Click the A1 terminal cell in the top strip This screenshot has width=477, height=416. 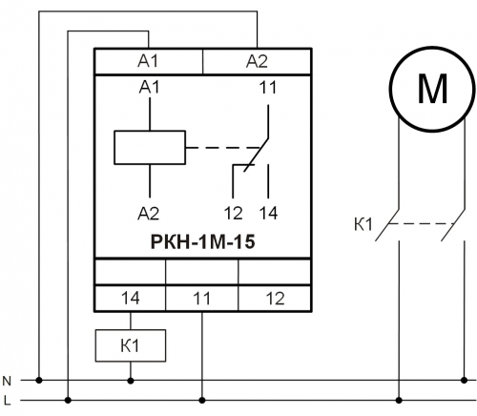pyautogui.click(x=149, y=61)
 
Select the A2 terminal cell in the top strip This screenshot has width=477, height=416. pyautogui.click(x=257, y=61)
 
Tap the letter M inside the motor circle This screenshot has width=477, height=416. pyautogui.click(x=432, y=89)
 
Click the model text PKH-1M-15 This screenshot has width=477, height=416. pyautogui.click(x=202, y=241)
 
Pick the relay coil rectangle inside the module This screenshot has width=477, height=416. pyautogui.click(x=150, y=148)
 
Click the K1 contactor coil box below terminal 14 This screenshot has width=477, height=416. pyautogui.click(x=131, y=345)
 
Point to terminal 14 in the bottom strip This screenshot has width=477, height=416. pyautogui.click(x=131, y=299)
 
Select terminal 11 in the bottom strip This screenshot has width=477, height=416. pyautogui.click(x=202, y=299)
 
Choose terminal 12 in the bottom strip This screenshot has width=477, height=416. pyautogui.click(x=275, y=299)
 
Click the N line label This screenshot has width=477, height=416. pyautogui.click(x=7, y=381)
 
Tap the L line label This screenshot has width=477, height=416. pyautogui.click(x=7, y=400)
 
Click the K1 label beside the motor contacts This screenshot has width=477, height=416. pyautogui.click(x=363, y=224)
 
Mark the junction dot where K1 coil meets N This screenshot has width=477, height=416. pyautogui.click(x=131, y=380)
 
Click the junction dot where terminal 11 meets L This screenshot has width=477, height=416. pyautogui.click(x=202, y=400)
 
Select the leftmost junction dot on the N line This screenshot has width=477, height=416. pyautogui.click(x=39, y=380)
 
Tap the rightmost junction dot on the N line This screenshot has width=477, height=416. pyautogui.click(x=464, y=380)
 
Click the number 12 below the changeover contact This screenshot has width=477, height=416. pyautogui.click(x=234, y=213)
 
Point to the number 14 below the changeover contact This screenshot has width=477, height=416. pyautogui.click(x=269, y=213)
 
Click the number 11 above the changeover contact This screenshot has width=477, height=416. pyautogui.click(x=268, y=87)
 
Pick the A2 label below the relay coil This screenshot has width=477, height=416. pyautogui.click(x=149, y=213)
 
